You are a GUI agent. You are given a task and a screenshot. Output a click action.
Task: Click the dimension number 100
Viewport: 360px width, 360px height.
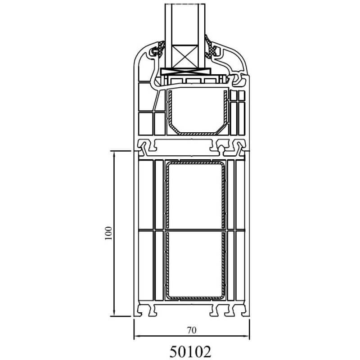coord(108,233)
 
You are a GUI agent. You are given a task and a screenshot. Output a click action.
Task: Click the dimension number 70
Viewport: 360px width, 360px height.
coord(192,330)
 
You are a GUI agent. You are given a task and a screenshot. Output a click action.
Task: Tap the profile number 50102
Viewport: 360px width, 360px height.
coord(190,351)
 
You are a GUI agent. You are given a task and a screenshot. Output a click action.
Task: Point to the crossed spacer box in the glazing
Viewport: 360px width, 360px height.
coord(185,57)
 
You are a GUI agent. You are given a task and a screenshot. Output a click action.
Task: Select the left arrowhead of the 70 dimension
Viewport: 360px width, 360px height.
coord(137,336)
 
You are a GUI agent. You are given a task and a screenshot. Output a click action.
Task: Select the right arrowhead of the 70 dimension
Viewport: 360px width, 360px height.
coord(246,336)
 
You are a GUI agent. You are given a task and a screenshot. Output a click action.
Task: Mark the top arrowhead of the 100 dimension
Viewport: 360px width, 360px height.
coord(114,154)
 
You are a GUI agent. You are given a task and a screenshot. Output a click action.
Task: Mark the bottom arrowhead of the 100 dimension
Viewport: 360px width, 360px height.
coord(114,313)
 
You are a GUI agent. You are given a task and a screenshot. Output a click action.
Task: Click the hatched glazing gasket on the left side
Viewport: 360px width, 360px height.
coord(159,49)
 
